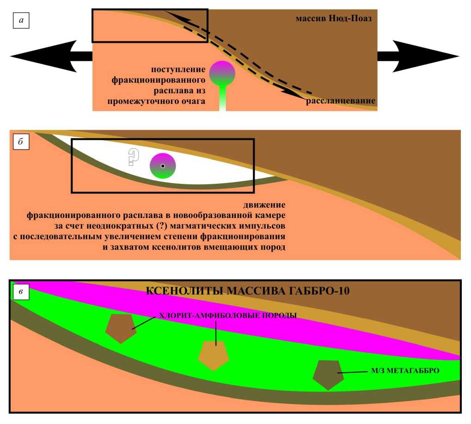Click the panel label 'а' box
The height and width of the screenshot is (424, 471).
(21, 21)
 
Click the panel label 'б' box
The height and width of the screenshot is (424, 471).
(21, 142)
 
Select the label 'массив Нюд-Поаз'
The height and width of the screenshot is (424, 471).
(334, 19)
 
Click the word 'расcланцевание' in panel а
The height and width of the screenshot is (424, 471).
(340, 101)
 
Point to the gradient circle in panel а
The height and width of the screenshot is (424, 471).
(222, 73)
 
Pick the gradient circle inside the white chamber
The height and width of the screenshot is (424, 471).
(163, 166)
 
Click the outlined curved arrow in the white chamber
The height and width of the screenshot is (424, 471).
(133, 157)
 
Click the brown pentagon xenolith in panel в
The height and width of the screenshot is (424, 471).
(121, 327)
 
